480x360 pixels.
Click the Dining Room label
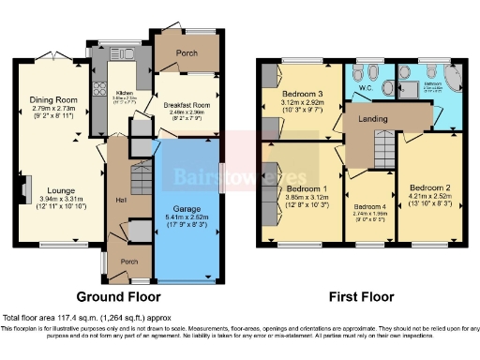52,99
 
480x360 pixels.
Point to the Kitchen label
125,93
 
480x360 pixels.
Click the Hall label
120,200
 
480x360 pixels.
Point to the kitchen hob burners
99,91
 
